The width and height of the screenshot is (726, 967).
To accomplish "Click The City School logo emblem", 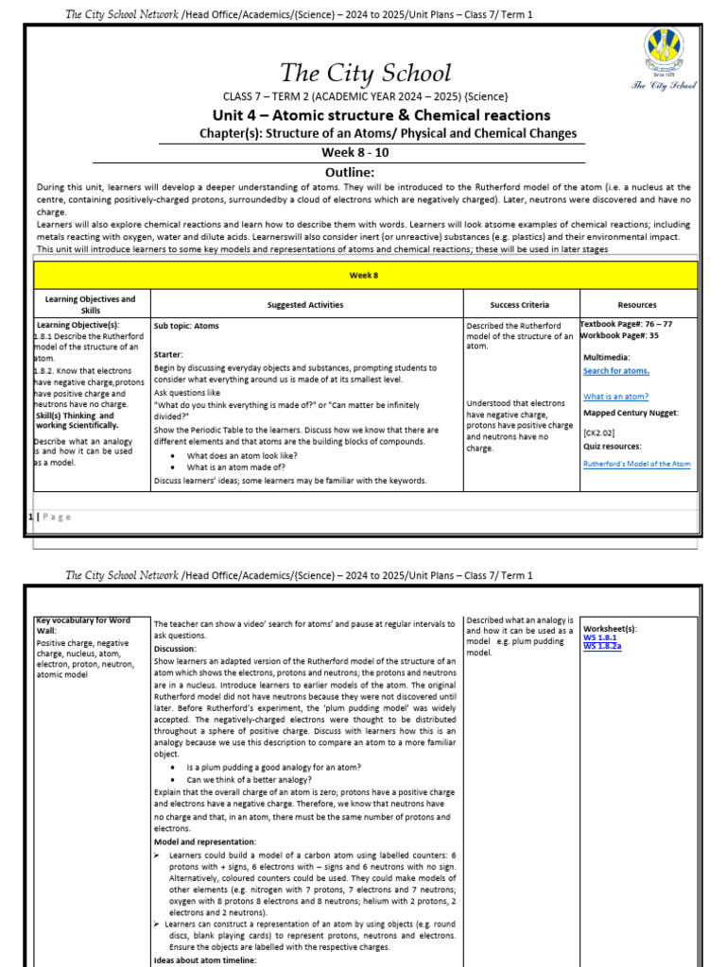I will (x=664, y=54).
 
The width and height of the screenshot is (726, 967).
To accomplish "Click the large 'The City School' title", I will (x=365, y=73).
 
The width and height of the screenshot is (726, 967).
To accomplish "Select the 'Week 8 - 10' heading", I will (x=355, y=152).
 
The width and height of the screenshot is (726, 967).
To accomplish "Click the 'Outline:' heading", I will (x=350, y=172).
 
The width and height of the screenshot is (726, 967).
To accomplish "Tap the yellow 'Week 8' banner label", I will (x=365, y=275).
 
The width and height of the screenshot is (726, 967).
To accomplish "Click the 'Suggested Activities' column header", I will (x=305, y=305).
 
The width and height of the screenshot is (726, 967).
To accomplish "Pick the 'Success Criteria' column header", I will (x=519, y=305).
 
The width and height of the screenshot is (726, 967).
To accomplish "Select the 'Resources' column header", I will (x=637, y=305).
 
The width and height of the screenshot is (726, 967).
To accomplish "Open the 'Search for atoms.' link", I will (x=616, y=371).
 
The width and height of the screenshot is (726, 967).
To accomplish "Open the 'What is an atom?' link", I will (x=615, y=397).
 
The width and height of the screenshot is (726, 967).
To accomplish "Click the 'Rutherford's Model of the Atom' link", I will (x=636, y=464).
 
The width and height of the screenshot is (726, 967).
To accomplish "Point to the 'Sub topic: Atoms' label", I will (x=186, y=326).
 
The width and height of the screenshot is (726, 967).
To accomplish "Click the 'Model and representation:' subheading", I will (x=205, y=841).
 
